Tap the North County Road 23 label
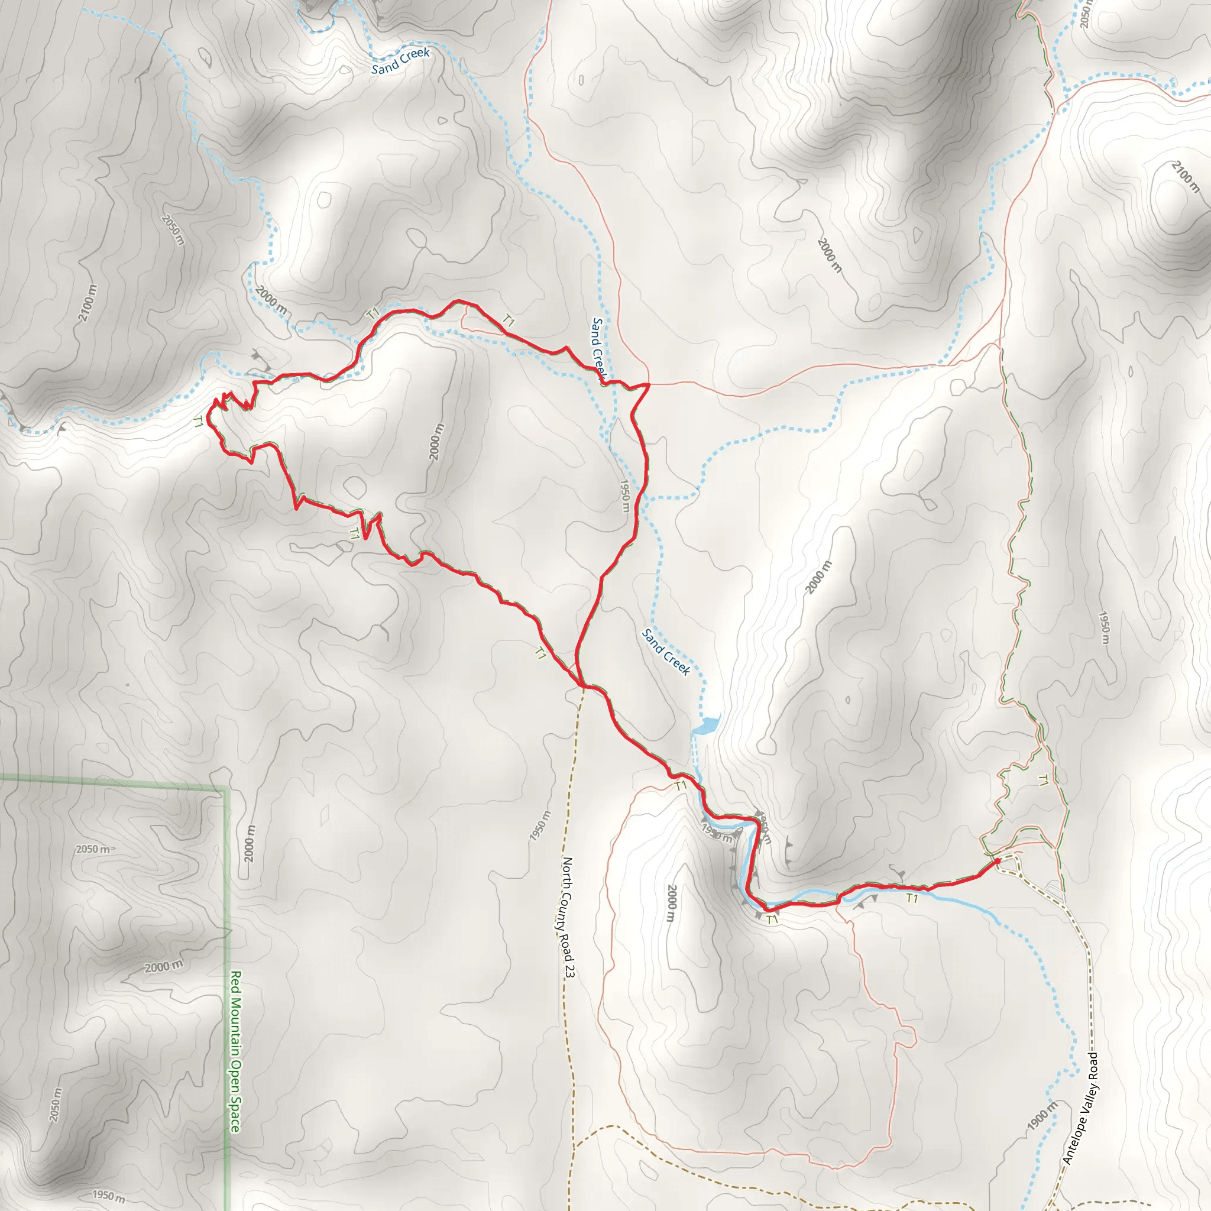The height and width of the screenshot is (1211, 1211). [x=568, y=918]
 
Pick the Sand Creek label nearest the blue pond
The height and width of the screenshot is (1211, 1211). [x=666, y=652]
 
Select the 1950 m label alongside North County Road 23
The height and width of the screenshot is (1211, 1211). [x=540, y=826]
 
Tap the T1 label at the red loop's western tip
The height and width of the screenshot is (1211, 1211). [x=199, y=422]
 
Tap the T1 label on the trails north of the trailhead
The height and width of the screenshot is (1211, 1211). [x=1042, y=781]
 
